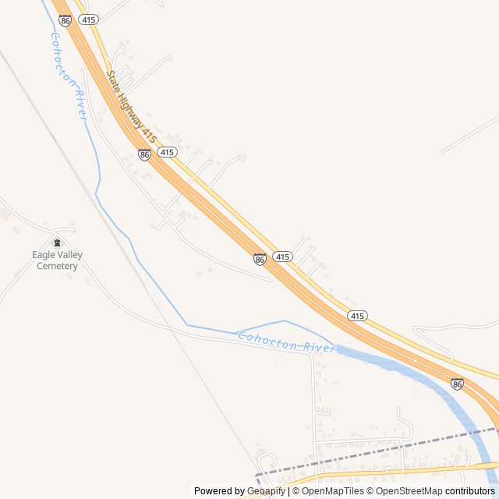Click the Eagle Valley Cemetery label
57,260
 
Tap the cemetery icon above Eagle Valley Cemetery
56,243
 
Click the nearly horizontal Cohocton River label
287,342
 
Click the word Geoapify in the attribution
266,491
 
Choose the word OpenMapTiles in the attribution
332,491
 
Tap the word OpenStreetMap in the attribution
409,491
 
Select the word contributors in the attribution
470,491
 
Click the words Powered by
219,491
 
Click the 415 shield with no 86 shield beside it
357,316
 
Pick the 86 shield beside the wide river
457,384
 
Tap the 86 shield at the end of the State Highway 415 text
145,154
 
